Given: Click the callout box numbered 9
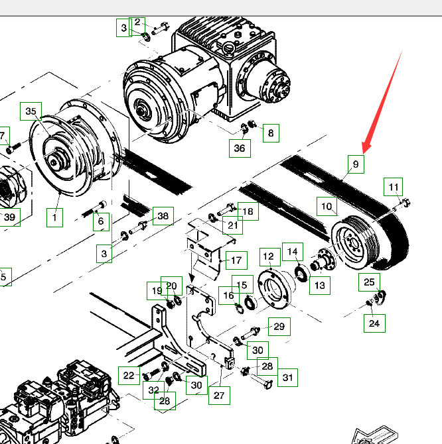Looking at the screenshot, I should (x=355, y=164).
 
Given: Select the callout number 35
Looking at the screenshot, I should (x=31, y=112).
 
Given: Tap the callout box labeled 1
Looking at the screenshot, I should (x=54, y=216).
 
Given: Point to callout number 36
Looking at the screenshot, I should (x=240, y=148).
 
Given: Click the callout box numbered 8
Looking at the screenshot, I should (x=270, y=133).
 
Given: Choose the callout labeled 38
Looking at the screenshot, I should (x=163, y=215).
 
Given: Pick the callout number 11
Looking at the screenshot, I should (x=394, y=186).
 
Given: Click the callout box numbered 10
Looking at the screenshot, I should (x=326, y=207).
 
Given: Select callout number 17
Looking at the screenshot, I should (x=236, y=260).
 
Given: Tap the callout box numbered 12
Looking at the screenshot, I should (x=269, y=256).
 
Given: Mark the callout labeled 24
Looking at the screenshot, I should (x=374, y=323).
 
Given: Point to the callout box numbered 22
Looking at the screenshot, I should (x=129, y=375).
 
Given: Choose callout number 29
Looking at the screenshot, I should (x=279, y=327).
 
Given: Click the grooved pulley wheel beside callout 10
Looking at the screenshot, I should (x=351, y=247).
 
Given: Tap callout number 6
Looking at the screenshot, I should (x=100, y=222).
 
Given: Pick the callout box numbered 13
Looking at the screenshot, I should (x=320, y=286).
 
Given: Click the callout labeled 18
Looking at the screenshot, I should (x=248, y=211).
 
